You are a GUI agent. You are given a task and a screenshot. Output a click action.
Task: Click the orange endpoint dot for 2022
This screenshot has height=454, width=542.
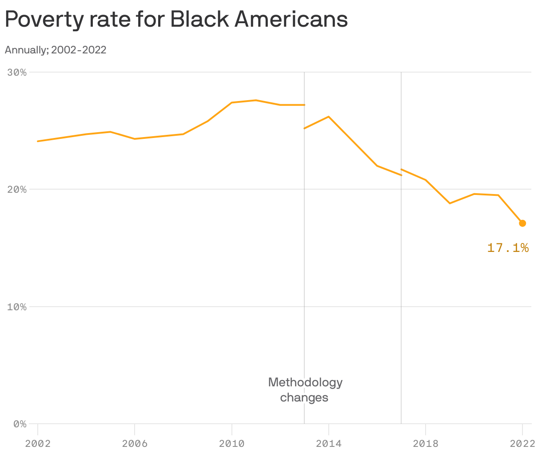click(522, 223)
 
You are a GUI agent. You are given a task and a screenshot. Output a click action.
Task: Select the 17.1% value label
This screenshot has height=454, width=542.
click(508, 248)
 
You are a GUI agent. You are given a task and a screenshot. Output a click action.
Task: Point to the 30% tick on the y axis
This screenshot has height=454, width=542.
click(17, 72)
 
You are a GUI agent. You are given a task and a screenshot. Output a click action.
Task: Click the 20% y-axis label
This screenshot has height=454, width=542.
click(17, 189)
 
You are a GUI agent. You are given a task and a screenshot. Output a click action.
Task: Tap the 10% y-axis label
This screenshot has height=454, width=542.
click(17, 307)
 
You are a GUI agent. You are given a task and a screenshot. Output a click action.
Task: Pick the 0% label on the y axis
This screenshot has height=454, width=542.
click(20, 424)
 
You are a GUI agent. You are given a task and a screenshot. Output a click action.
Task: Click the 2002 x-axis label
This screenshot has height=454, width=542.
click(38, 443)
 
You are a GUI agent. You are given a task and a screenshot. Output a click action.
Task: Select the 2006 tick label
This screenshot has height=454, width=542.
click(135, 443)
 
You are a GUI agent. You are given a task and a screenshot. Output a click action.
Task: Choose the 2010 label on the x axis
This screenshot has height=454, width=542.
click(231, 443)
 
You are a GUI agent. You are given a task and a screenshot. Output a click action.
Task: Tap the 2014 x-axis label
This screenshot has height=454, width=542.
click(328, 443)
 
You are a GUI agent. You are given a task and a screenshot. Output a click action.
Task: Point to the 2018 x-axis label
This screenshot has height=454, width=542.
click(425, 443)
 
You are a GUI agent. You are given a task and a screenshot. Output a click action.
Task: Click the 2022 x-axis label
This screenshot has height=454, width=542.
click(522, 443)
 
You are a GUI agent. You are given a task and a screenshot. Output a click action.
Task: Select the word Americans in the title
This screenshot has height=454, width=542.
click(291, 20)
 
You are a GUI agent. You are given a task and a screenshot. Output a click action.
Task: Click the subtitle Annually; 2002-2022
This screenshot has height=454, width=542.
click(56, 50)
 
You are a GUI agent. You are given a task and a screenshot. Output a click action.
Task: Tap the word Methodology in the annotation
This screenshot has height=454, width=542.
click(305, 382)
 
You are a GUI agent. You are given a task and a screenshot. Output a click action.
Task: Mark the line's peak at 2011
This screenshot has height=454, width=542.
click(256, 100)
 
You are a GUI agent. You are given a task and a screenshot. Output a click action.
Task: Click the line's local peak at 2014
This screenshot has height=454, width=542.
click(328, 117)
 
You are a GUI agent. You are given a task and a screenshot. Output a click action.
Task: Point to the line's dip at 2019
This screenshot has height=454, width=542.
click(450, 203)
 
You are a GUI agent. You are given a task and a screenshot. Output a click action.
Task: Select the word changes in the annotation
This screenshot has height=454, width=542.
click(304, 397)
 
